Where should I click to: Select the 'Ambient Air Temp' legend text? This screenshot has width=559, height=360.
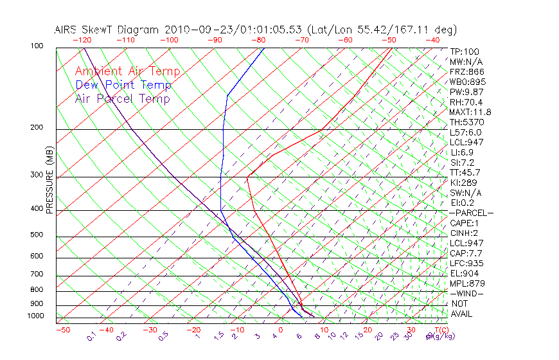coord(127,71)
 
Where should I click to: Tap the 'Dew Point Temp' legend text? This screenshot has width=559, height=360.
coord(123,85)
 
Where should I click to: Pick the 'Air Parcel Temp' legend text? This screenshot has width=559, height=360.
coord(122,98)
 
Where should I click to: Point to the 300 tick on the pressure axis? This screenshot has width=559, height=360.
coord(37,175)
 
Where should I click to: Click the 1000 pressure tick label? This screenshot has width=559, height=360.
coord(35,316)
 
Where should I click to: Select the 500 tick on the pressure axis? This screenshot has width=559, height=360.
coord(37,235)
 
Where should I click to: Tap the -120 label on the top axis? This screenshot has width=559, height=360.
coord(82,40)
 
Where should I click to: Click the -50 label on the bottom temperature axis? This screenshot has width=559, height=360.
coord(62,330)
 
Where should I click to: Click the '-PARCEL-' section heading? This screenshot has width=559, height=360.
coord(472,213)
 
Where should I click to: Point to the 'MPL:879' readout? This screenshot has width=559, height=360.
coord(467,283)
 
